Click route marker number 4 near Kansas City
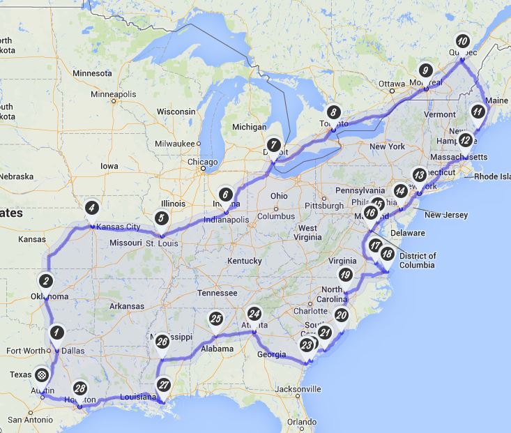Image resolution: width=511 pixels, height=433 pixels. (91, 207)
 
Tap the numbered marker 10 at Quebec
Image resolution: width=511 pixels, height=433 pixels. (462, 40)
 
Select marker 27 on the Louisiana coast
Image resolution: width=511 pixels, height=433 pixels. (164, 384)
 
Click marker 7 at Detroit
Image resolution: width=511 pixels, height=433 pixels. (275, 144)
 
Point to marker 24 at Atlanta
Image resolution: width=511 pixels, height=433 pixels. (254, 314)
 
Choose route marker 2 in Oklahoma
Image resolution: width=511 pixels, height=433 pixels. (45, 280)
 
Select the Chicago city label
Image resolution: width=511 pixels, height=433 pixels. (202, 162)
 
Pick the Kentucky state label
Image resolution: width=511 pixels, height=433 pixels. (244, 261)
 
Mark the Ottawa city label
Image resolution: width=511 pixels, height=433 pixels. (391, 84)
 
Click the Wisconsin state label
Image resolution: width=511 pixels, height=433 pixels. (176, 112)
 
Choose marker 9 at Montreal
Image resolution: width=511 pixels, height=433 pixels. (426, 70)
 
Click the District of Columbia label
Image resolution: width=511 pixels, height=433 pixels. (418, 260)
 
